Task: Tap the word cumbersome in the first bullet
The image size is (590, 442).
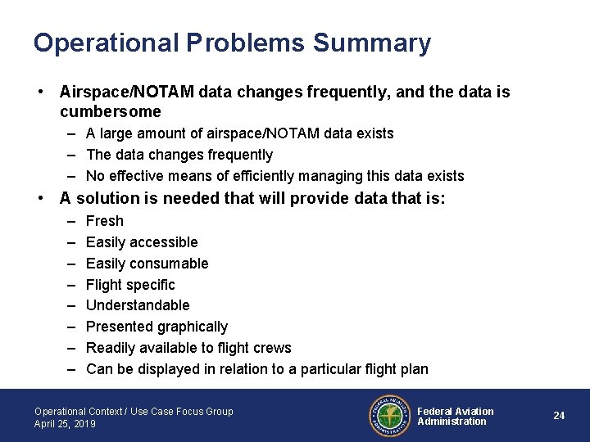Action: click(111, 111)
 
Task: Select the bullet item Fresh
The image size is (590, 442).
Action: click(105, 221)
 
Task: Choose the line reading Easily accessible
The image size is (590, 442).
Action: click(142, 242)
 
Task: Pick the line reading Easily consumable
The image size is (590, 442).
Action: click(147, 264)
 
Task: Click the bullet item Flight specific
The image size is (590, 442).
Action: click(130, 285)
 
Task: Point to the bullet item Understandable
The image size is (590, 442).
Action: click(138, 305)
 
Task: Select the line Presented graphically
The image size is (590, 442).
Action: click(157, 327)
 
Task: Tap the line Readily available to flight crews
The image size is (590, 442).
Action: click(188, 348)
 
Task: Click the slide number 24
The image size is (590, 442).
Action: click(559, 416)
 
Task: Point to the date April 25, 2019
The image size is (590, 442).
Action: click(65, 424)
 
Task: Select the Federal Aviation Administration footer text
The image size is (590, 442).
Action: click(456, 417)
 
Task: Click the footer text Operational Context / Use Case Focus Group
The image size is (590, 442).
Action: click(134, 412)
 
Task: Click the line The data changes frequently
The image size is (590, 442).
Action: click(179, 155)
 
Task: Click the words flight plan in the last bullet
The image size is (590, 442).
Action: click(397, 369)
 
